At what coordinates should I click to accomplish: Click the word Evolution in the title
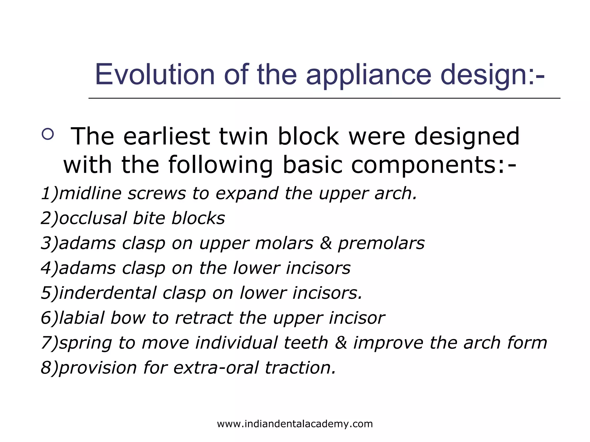[x=155, y=75]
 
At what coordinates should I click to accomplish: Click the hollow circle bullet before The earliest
[x=48, y=134]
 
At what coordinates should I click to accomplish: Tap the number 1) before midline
[x=50, y=193]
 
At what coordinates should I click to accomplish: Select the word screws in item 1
[x=157, y=193]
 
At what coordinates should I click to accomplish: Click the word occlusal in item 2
[x=93, y=218]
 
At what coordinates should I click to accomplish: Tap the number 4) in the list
[x=50, y=268]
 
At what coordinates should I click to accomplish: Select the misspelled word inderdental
[x=107, y=293]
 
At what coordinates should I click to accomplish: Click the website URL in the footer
[x=295, y=424]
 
